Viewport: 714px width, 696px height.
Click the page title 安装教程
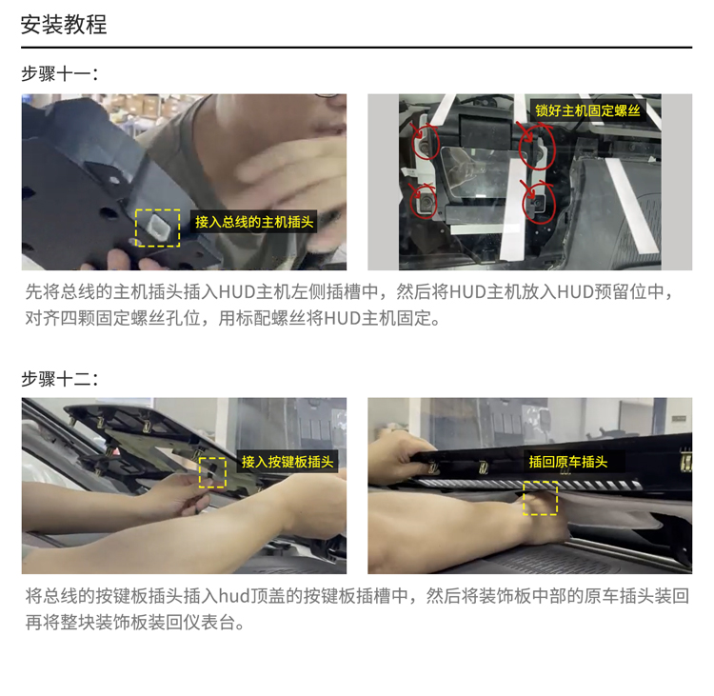click(64, 25)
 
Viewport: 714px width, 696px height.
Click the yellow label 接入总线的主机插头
click(254, 222)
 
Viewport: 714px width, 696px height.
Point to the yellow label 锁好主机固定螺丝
click(588, 110)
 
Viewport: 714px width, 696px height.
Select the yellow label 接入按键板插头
click(288, 462)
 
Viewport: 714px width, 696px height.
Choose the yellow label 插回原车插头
click(568, 462)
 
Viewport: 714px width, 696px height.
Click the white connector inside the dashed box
click(157, 226)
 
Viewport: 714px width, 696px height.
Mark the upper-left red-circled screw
click(424, 145)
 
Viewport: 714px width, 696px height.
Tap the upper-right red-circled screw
click(537, 153)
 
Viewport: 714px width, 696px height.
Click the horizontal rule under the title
click(357, 47)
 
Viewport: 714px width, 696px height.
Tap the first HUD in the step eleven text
click(237, 292)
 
